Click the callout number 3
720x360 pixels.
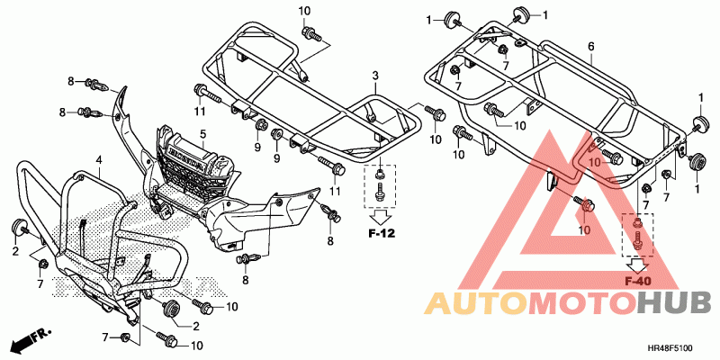[376, 75]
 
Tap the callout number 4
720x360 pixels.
[99, 161]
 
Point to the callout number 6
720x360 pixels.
[591, 46]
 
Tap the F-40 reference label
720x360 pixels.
[638, 281]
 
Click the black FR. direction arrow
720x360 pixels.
[28, 341]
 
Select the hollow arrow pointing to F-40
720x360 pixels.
[638, 265]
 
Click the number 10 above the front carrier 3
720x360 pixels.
[303, 10]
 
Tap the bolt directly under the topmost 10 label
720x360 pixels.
[311, 34]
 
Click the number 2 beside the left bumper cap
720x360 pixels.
[15, 252]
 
